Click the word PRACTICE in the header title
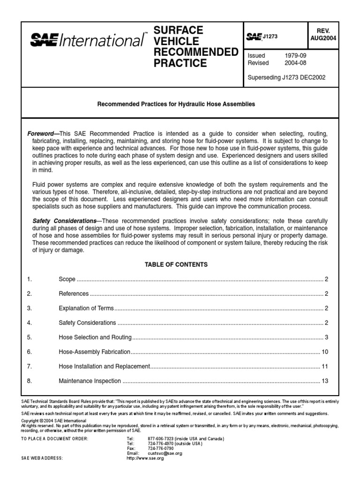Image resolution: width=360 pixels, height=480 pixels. tap(180, 63)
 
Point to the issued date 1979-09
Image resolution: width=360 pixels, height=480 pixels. tap(296, 55)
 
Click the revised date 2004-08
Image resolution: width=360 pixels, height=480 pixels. tap(296, 63)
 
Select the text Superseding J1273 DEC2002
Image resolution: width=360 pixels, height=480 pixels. tap(286, 77)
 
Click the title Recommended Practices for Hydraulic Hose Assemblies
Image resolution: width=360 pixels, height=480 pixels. tap(176, 104)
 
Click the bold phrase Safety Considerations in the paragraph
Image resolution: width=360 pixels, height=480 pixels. tap(64, 221)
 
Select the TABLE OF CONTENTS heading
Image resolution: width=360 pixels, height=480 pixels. tap(176, 264)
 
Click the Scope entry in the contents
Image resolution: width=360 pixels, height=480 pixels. tap(67, 279)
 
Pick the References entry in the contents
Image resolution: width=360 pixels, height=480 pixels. tap(74, 294)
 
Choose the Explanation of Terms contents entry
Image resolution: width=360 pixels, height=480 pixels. tap(87, 308)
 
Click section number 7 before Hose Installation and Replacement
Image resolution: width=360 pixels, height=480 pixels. tap(29, 367)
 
